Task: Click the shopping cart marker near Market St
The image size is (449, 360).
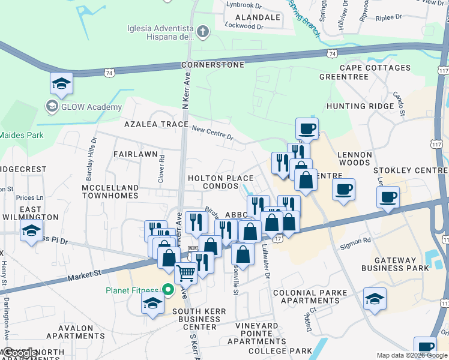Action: coord(185,274)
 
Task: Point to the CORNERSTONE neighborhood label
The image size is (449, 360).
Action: coord(213,64)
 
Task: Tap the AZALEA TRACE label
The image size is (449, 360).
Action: coord(157,124)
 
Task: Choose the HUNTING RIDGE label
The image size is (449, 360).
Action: coord(360,106)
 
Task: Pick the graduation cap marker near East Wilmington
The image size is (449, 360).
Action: coord(31,231)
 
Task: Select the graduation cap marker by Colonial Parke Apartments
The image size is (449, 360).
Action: coord(375,299)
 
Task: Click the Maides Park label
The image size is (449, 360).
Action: coord(22,135)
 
